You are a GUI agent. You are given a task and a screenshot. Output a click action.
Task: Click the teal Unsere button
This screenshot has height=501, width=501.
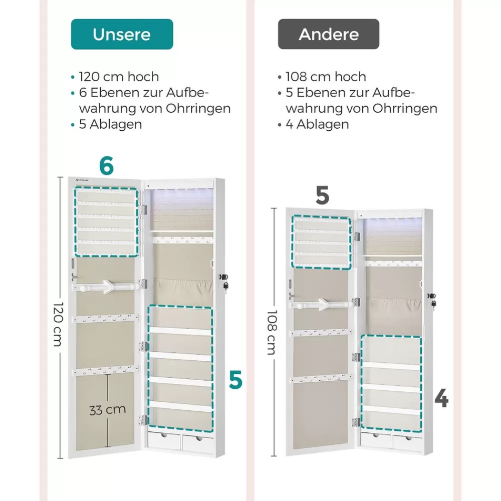pyautogui.click(x=122, y=34)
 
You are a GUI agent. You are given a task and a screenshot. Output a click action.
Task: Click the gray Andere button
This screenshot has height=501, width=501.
pyautogui.click(x=329, y=34)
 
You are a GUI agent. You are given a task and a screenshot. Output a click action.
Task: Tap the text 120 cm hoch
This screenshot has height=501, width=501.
pyautogui.click(x=119, y=77)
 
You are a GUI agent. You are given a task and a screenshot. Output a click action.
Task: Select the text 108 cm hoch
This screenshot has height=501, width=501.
pyautogui.click(x=326, y=77)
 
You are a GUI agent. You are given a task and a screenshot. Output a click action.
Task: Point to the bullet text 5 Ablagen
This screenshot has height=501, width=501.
pyautogui.click(x=111, y=124)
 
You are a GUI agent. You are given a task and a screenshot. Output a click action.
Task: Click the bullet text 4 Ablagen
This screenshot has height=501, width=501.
pyautogui.click(x=317, y=124)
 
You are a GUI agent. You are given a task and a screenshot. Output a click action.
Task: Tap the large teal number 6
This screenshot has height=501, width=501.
pyautogui.click(x=106, y=165)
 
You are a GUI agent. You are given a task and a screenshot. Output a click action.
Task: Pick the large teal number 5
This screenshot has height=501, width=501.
pyautogui.click(x=235, y=380)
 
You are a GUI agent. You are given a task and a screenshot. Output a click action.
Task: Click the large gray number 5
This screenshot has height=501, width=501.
pyautogui.click(x=322, y=195)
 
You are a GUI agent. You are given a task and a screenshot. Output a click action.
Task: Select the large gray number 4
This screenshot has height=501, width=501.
pyautogui.click(x=441, y=399)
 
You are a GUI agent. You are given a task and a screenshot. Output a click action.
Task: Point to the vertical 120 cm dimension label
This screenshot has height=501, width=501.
pyautogui.click(x=58, y=324)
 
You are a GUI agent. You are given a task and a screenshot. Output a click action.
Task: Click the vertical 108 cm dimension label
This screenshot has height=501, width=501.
pyautogui.click(x=272, y=332)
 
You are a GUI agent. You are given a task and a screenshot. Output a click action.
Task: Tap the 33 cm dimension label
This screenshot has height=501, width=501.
pyautogui.click(x=107, y=410)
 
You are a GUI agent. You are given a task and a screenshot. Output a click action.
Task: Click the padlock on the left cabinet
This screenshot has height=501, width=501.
pyautogui.click(x=225, y=286)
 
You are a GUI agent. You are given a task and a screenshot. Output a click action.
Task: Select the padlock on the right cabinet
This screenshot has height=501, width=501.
pyautogui.click(x=433, y=303)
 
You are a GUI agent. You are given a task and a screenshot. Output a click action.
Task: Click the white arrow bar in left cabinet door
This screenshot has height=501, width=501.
pyautogui.click(x=106, y=287)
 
